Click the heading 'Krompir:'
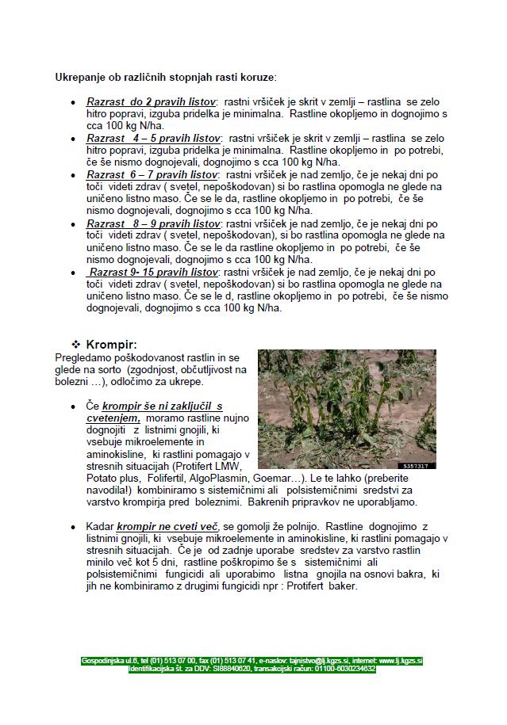click(x=111, y=345)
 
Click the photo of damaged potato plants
click(x=347, y=409)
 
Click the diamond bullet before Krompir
click(x=77, y=345)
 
